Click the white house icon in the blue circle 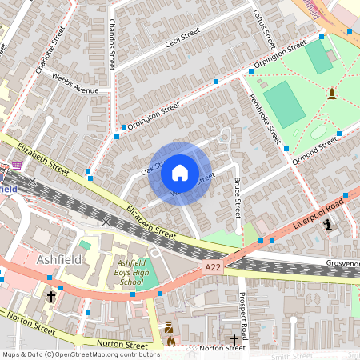pyautogui.click(x=179, y=173)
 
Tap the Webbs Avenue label pyautogui.click(x=74, y=83)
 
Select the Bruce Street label pyautogui.click(x=237, y=198)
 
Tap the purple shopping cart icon pyautogui.click(x=16, y=166)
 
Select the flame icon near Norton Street pyautogui.click(x=170, y=341)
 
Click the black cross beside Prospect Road pyautogui.click(x=234, y=339)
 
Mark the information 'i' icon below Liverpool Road pyautogui.click(x=328, y=226)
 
